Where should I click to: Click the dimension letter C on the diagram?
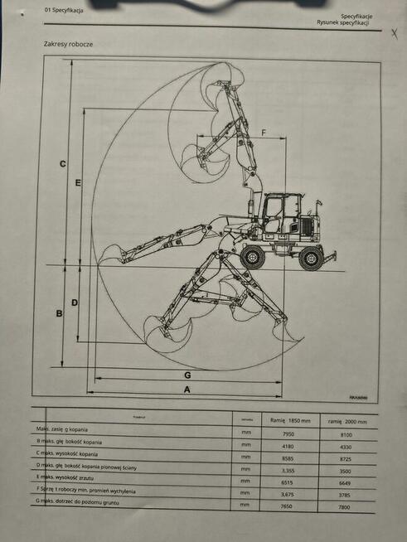[x=63, y=164]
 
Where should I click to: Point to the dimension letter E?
[x=77, y=181]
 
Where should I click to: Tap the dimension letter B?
[x=59, y=313]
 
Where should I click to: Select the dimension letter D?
[x=75, y=302]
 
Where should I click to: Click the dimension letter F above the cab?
[x=264, y=133]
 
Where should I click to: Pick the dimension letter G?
[x=188, y=375]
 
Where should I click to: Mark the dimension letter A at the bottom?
[x=187, y=389]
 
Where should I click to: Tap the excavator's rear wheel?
[x=311, y=258]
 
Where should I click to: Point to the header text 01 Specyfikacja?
[x=59, y=9]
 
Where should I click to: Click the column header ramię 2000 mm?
[x=346, y=421]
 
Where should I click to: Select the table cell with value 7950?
[x=288, y=433]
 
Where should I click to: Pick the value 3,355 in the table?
[x=288, y=468]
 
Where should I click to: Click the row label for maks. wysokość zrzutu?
[x=72, y=478]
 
